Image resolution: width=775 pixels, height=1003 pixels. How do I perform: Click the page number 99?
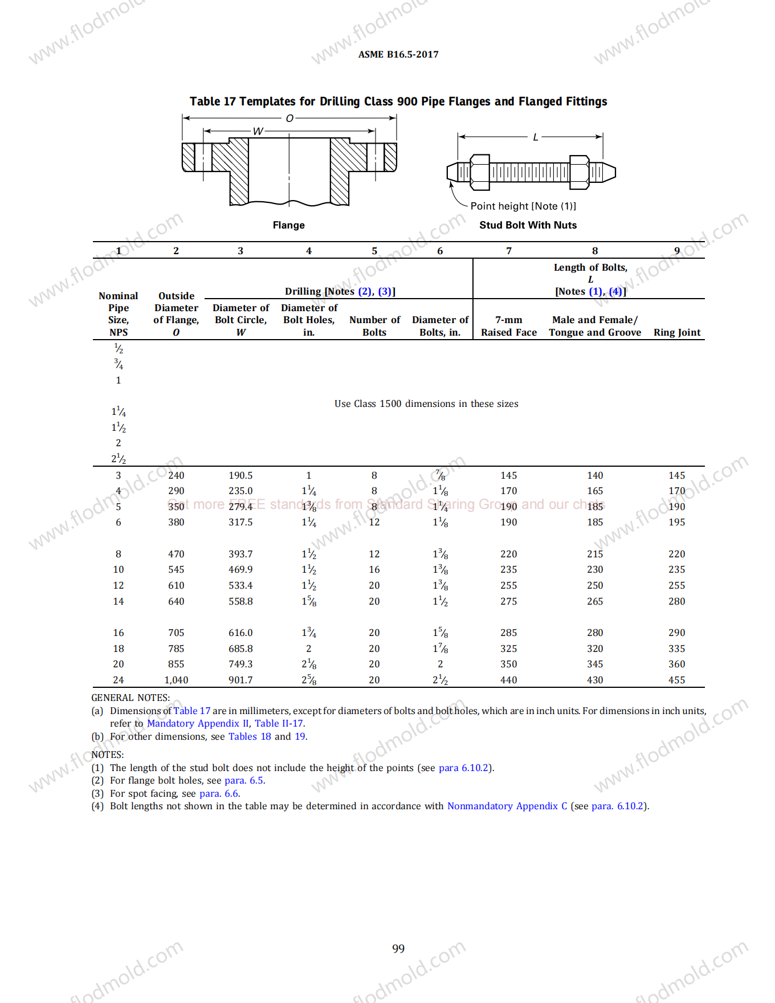[x=398, y=948]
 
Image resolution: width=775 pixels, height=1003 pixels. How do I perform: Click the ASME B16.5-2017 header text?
[x=398, y=55]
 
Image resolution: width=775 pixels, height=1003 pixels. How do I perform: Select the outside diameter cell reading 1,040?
[x=176, y=680]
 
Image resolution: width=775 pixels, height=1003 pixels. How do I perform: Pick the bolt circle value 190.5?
[x=240, y=475]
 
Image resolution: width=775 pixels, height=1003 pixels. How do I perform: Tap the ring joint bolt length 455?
[x=676, y=680]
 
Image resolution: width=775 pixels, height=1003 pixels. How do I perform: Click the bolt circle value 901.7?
[x=240, y=680]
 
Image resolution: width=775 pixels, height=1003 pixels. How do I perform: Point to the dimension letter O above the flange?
[x=289, y=119]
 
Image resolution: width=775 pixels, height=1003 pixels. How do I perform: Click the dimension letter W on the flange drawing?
[x=258, y=132]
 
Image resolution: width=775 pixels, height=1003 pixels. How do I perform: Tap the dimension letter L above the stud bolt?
[x=535, y=137]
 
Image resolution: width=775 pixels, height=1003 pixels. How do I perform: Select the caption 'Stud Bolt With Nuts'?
[x=528, y=225]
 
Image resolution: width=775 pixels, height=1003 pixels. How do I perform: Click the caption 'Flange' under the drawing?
[x=288, y=225]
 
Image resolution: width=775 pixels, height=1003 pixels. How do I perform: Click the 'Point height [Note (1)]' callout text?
[x=523, y=206]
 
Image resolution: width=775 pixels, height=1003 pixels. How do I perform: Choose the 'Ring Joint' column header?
[x=676, y=332]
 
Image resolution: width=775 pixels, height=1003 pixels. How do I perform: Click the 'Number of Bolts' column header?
[x=374, y=326]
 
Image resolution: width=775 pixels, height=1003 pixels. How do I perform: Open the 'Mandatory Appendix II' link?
[x=198, y=723]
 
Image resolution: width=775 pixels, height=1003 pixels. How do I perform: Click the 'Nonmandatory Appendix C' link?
[x=507, y=806]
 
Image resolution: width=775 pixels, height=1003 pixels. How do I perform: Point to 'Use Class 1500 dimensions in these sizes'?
[x=426, y=403]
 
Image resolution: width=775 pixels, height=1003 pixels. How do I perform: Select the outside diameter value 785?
[x=176, y=649]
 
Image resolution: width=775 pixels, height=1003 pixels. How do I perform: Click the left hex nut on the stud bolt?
[x=480, y=172]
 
